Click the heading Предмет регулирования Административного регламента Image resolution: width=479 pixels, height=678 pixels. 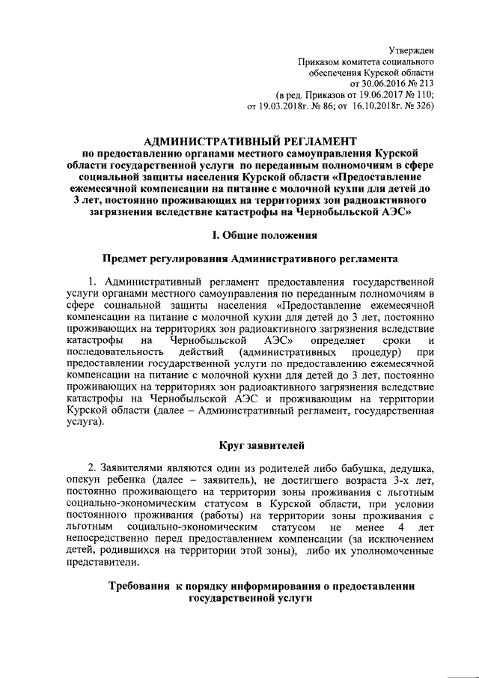(x=250, y=259)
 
